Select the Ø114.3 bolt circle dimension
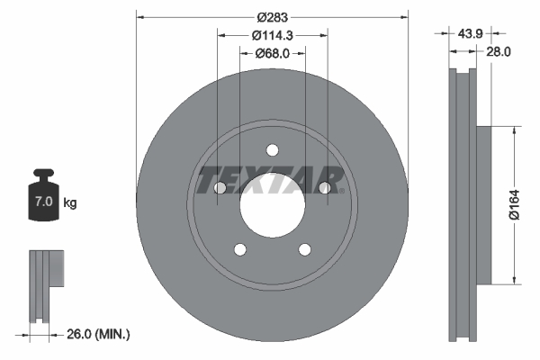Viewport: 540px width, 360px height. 272,35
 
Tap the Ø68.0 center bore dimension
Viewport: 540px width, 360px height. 272,53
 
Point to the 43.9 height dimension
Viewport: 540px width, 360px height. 469,32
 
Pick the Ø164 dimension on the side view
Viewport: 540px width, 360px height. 513,204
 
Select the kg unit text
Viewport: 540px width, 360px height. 70,203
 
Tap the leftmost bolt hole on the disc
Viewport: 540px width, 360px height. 220,187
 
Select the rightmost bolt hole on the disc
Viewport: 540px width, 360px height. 324,187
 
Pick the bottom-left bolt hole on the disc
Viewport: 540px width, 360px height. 240,248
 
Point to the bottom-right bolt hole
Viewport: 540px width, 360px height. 304,248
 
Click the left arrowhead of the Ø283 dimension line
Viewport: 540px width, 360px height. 139,16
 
